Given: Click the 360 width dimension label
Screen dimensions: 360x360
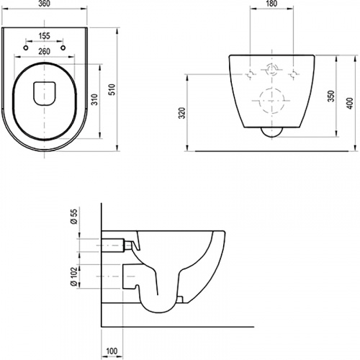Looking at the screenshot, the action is point(45,4).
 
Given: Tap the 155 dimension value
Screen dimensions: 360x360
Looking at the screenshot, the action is point(45,36).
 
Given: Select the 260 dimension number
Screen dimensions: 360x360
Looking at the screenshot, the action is point(45,51).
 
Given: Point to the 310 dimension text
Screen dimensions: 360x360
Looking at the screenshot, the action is point(95,99).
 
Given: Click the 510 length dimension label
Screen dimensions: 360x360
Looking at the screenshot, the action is point(112,89).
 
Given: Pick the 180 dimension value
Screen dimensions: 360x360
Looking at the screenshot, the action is point(271,4).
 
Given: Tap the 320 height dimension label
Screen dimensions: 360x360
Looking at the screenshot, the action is point(182,113).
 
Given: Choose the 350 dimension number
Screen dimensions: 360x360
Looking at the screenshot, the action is point(331,96).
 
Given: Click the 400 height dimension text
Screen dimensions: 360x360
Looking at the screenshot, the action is point(351,104).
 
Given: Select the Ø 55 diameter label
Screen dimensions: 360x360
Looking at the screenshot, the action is point(74,217).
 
